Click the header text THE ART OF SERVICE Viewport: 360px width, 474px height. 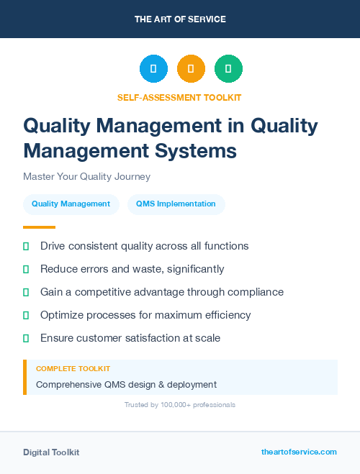pos(180,19)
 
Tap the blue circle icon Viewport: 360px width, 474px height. pos(153,69)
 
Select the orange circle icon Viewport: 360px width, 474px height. pos(191,69)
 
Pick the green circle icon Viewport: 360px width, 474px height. pos(228,69)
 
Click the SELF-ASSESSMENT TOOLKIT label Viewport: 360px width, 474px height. pos(179,97)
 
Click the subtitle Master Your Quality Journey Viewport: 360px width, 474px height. pos(86,176)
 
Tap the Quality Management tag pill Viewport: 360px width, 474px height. pos(71,204)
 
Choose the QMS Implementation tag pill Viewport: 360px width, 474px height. pos(176,204)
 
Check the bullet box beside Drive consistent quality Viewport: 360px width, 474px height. pos(26,246)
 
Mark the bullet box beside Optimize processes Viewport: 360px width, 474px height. pos(26,315)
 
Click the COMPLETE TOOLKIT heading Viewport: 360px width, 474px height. pos(73,368)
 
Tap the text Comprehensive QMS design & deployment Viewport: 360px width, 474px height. pos(126,384)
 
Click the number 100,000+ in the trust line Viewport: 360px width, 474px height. pos(170,405)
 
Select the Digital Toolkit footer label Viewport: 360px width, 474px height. pos(51,452)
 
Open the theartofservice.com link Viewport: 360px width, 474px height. pos(299,452)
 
